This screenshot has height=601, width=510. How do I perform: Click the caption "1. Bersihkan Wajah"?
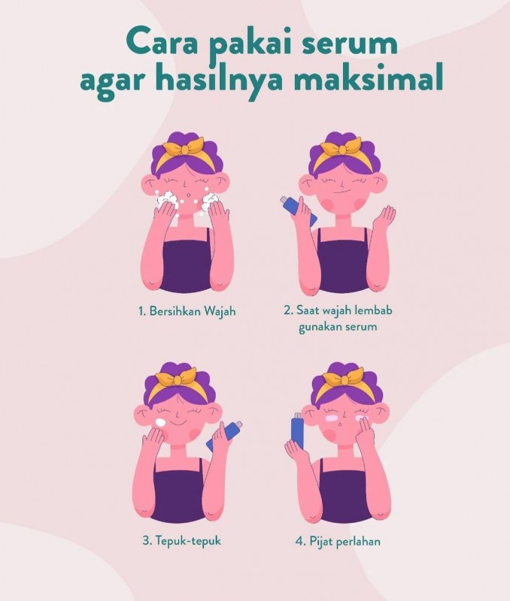[187, 311]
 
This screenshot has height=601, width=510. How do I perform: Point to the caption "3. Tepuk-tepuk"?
[182, 541]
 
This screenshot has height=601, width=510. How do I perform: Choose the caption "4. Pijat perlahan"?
[338, 541]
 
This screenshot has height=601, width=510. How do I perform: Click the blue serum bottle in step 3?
[224, 435]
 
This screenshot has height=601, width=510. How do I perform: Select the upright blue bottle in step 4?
[297, 431]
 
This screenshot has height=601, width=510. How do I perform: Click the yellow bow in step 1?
[185, 147]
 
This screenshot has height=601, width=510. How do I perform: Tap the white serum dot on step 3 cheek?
[160, 422]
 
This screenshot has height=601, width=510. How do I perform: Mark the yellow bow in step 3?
[178, 378]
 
